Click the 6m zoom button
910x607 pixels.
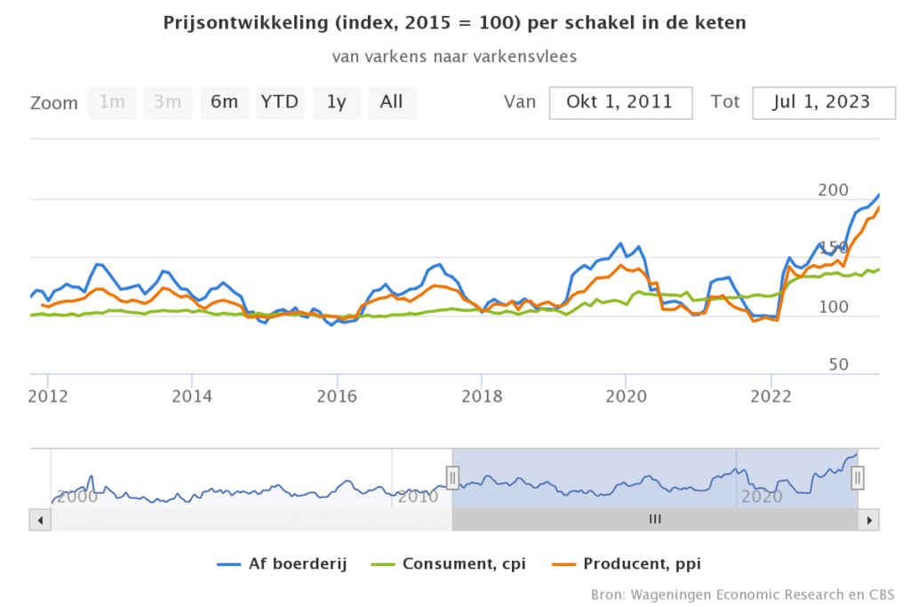pos(224,102)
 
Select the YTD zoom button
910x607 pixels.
pos(280,102)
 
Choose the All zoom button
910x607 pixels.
pos(392,102)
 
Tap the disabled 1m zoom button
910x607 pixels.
pos(112,102)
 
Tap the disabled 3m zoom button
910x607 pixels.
pos(168,102)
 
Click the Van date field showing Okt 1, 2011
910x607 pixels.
pos(620,102)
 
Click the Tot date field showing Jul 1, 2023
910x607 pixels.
pos(823,102)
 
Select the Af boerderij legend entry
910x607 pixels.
pos(282,563)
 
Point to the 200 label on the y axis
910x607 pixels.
pos(834,189)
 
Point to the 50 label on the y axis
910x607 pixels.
pos(838,364)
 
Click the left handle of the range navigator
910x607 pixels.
pos(452,478)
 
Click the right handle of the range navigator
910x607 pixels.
pos(858,478)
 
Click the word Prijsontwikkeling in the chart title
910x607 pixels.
pos(230,23)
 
